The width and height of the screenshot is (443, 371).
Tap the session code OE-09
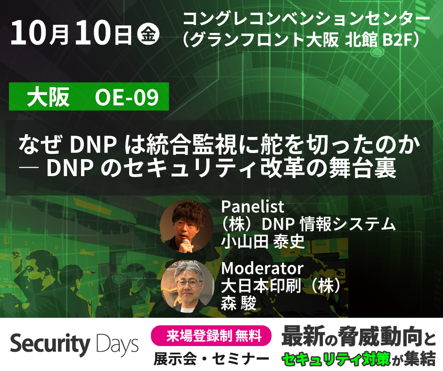pyautogui.click(x=126, y=98)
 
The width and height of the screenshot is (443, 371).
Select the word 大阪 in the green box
pyautogui.click(x=49, y=98)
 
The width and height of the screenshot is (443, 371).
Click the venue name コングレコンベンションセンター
pyautogui.click(x=306, y=19)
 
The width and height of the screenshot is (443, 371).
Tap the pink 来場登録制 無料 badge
pyautogui.click(x=211, y=336)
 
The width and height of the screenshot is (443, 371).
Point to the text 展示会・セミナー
pyautogui.click(x=211, y=359)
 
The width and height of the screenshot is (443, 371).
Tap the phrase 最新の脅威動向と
pyautogui.click(x=358, y=338)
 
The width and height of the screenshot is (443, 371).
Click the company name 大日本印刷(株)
pyautogui.click(x=281, y=286)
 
